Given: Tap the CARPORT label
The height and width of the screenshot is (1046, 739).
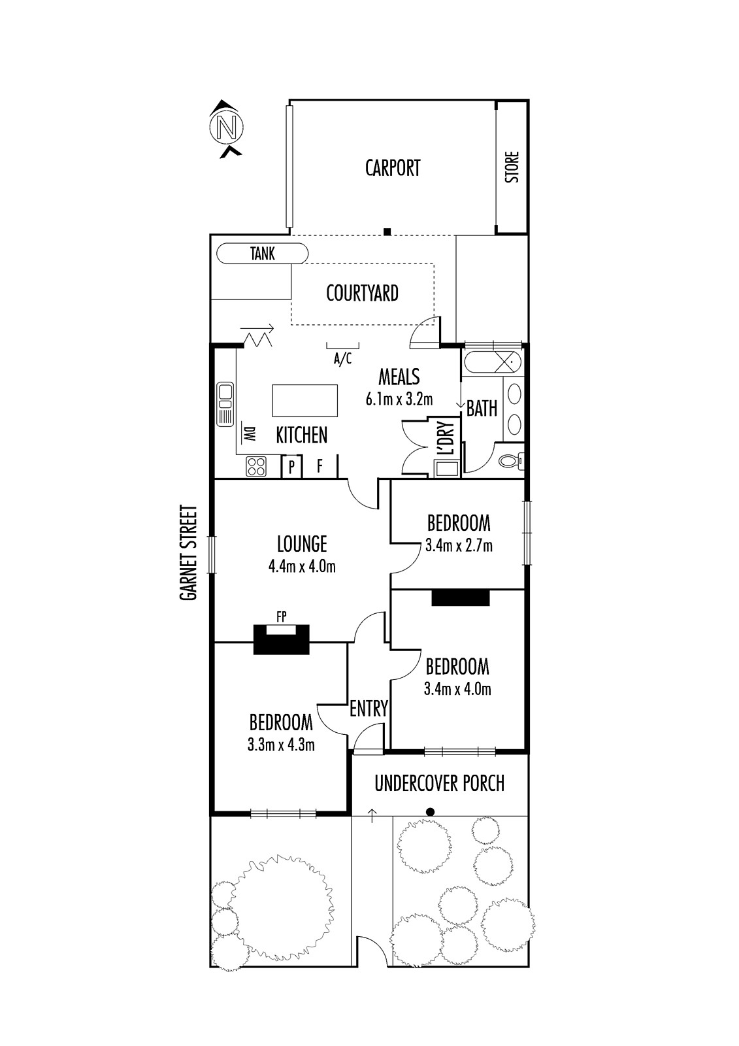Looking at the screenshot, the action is tap(393, 168).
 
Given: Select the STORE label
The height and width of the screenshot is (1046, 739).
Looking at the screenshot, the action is tap(512, 167).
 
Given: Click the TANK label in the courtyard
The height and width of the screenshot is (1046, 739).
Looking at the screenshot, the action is tap(263, 254).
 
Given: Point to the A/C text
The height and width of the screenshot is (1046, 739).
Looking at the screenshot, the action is tap(342, 359).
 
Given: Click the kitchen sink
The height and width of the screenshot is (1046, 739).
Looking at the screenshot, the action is tap(225, 404).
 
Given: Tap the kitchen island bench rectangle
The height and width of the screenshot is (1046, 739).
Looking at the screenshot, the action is tap(305, 400).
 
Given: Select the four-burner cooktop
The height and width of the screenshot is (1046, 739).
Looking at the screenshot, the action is tap(256, 466).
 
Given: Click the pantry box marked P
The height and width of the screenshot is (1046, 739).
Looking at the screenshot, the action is tap(292, 467).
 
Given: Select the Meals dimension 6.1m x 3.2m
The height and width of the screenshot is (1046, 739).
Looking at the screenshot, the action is tap(399, 399).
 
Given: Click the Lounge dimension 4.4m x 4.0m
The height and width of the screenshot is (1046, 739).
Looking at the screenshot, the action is tap(302, 567).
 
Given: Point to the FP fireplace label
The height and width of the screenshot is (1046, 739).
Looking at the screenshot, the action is tap(281, 617).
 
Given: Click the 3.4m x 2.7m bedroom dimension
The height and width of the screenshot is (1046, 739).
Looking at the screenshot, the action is tap(459, 546).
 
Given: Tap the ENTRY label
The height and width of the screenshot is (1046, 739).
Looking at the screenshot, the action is tap(369, 709).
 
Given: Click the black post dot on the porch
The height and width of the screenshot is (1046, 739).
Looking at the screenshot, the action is tap(431, 812).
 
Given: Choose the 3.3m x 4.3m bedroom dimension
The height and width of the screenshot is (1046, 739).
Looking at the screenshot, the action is tap(281, 745).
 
